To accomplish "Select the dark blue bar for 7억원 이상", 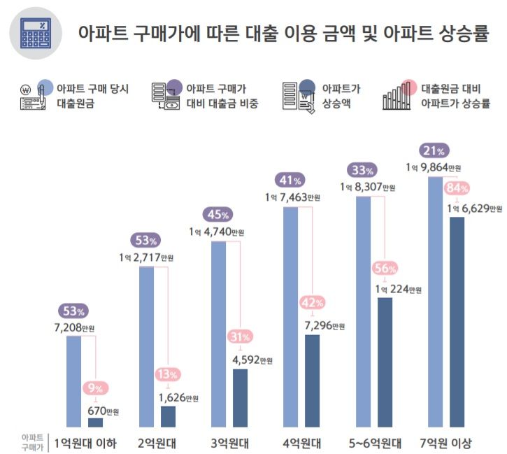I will pos(457,322).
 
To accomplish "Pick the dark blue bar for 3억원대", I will pos(240,397).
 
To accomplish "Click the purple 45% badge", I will pos(216,214).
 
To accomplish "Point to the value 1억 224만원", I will pos(399,290).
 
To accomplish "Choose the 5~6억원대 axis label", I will pos(374,442).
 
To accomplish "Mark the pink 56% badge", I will pos(385,268).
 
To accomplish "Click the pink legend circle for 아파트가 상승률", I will pos(410,88).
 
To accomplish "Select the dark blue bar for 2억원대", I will pos(168,416).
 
